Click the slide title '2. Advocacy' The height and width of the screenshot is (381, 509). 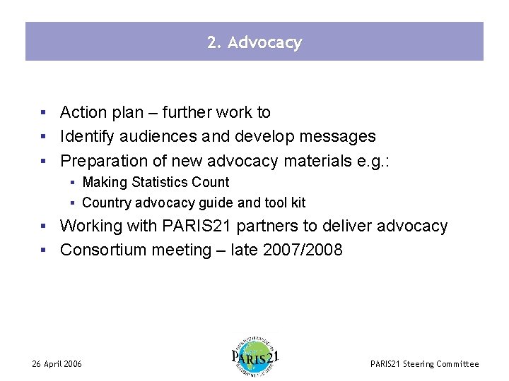[x=255, y=42]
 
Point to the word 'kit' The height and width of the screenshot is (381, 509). [x=298, y=202]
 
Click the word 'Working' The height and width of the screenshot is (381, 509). [x=89, y=226]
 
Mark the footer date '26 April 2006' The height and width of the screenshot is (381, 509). [x=57, y=364]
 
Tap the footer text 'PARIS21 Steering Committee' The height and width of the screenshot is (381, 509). [x=424, y=364]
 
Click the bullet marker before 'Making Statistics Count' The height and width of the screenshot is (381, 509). [x=73, y=183]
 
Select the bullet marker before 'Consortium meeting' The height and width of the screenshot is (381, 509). [x=44, y=250]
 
